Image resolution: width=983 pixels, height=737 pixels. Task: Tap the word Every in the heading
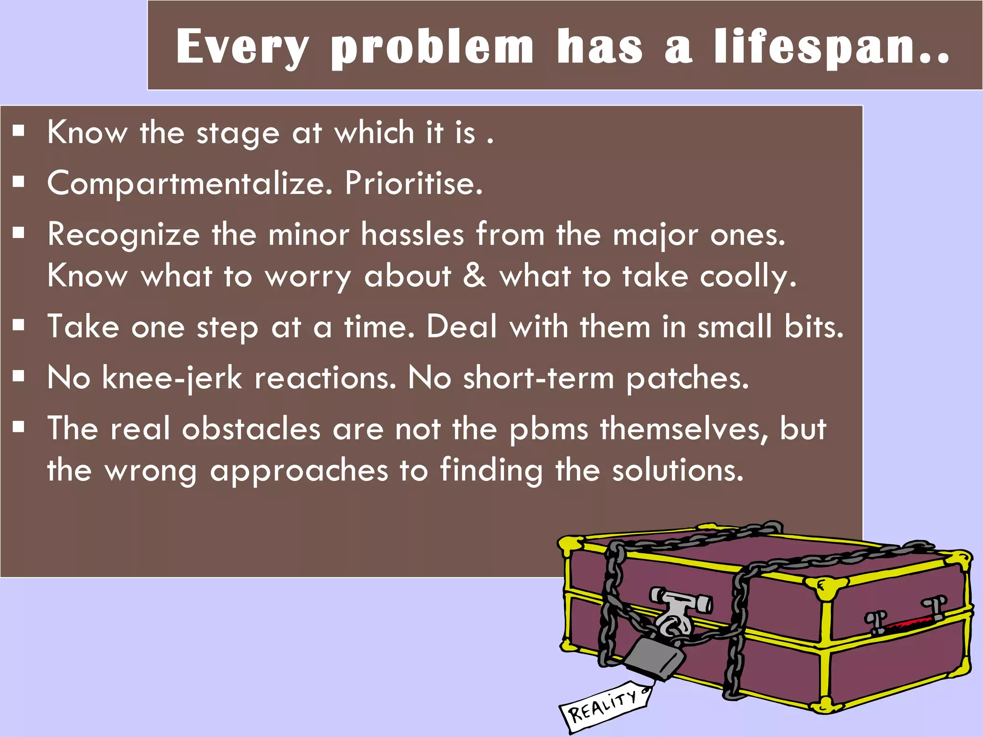[242, 47]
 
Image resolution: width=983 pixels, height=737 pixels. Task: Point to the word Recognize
[123, 235]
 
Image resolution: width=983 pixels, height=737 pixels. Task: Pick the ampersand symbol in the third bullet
[475, 276]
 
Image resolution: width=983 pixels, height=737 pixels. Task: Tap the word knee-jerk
[172, 378]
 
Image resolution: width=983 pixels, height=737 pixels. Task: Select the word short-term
[539, 378]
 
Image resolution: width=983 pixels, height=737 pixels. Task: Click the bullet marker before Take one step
[19, 326]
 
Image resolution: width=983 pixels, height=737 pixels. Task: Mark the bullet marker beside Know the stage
[19, 131]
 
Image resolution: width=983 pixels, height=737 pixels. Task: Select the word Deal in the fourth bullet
[462, 327]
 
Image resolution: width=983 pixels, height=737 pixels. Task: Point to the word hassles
[413, 235]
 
